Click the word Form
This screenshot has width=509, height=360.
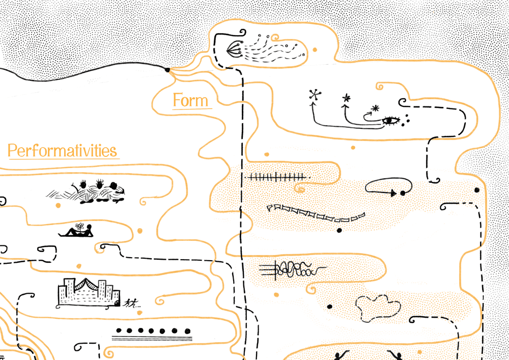191,100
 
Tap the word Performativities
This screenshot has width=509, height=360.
63,151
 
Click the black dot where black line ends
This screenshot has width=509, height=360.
167,70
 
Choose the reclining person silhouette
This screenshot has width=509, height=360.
77,232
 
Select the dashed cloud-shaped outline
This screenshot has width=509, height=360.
377,308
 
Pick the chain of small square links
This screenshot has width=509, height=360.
316,212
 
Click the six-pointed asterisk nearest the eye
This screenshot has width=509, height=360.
376,108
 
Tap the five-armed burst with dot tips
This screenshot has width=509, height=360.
315,95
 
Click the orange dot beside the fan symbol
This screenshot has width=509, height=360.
315,50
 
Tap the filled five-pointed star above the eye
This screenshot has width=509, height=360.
347,98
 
